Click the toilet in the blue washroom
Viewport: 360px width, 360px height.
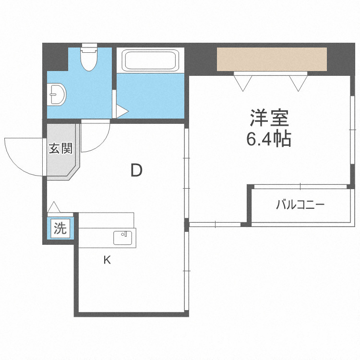pos(89,60)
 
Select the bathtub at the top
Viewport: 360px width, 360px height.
pos(150,61)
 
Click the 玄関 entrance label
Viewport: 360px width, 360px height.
pos(60,149)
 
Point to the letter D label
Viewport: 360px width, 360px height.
pos(137,170)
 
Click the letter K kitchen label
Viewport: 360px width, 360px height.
pos(107,260)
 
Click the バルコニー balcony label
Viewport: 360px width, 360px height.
pos(300,205)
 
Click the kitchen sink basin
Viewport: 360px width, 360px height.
pos(123,238)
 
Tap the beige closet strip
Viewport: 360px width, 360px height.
pos(272,59)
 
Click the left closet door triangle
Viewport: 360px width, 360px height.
pos(242,83)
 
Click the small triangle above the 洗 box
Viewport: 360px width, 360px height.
pos(53,207)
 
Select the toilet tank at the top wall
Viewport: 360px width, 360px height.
pos(89,48)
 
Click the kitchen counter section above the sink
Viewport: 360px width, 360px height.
pos(106,220)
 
